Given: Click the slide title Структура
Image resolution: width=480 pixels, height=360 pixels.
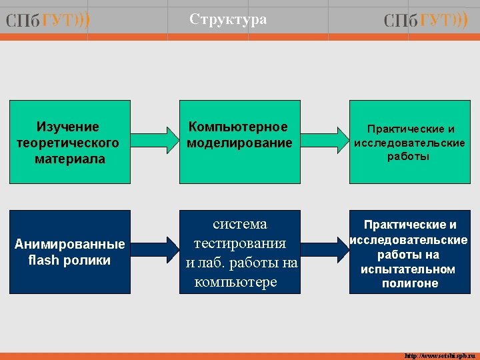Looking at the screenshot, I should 228,19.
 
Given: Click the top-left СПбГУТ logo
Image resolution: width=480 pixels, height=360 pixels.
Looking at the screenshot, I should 48,21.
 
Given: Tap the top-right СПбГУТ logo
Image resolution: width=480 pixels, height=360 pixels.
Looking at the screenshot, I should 426,21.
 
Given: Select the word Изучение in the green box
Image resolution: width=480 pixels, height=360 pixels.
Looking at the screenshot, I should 68,127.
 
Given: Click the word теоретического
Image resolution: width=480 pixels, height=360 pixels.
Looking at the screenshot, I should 68,143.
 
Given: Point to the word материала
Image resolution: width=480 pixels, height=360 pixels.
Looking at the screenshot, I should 70,159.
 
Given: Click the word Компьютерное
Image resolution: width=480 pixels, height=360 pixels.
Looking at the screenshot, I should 238,127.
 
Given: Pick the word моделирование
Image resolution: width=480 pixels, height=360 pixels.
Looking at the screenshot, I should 239,143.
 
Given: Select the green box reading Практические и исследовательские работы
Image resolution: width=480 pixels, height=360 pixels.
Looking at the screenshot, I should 409,143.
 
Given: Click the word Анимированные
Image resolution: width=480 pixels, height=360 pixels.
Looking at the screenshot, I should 69,244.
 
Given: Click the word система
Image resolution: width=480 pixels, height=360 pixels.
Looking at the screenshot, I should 239,224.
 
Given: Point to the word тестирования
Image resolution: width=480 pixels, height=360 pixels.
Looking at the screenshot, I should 239,243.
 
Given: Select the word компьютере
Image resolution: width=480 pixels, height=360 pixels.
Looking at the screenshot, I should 235,282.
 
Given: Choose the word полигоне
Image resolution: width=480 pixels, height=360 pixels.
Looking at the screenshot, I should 410,283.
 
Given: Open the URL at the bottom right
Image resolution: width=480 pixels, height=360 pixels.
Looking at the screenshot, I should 437,355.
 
